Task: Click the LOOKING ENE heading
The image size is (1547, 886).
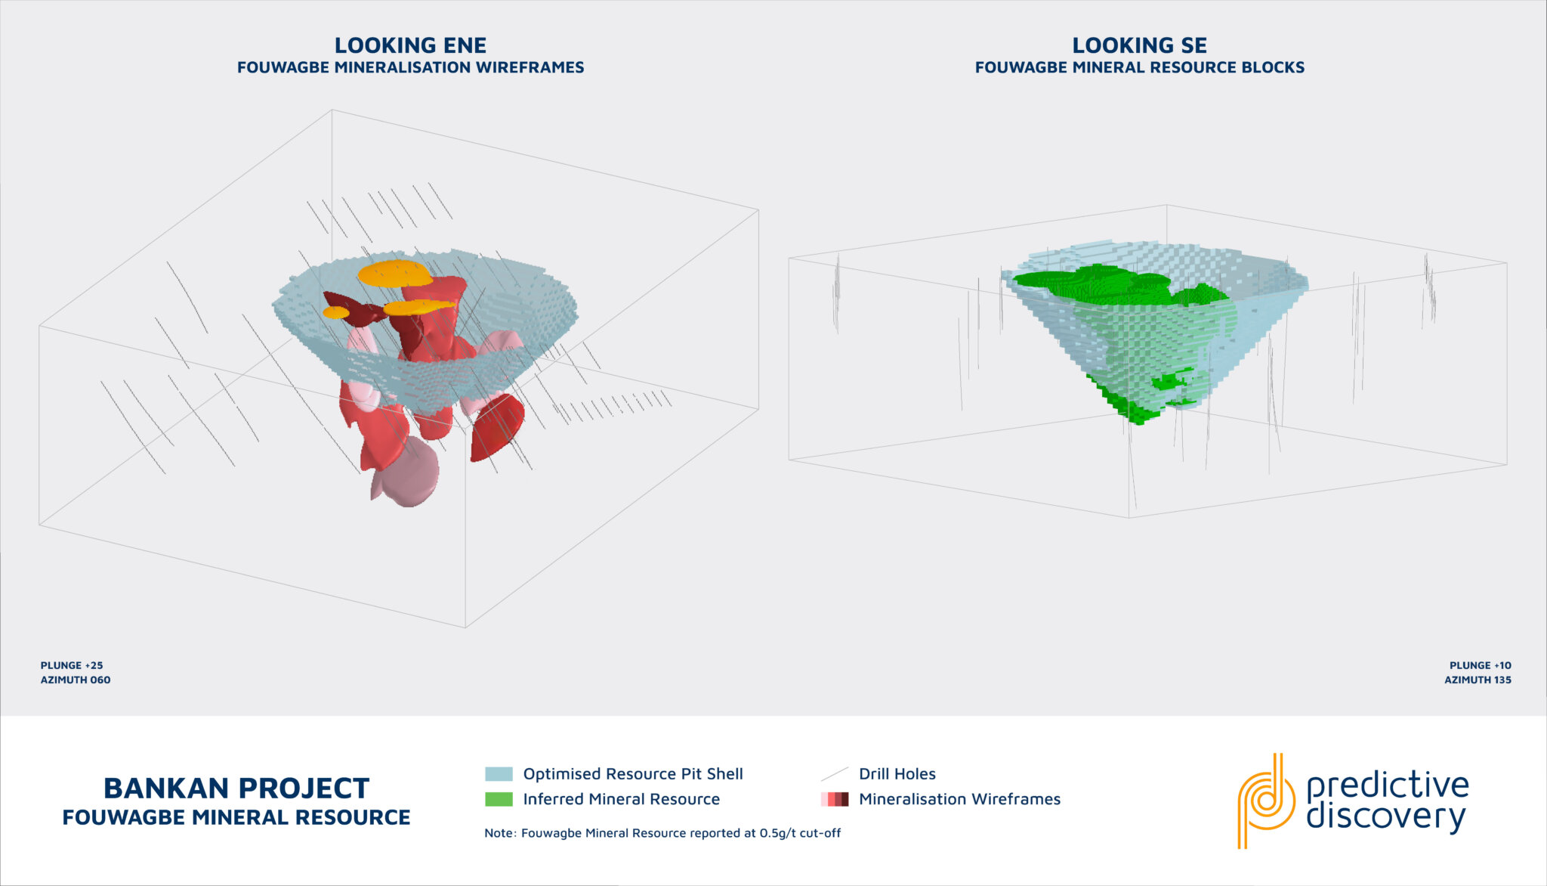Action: pyautogui.click(x=410, y=45)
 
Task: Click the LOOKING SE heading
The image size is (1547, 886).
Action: pyautogui.click(x=1139, y=45)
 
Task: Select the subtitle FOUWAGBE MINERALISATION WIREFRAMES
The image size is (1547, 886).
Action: pyautogui.click(x=410, y=67)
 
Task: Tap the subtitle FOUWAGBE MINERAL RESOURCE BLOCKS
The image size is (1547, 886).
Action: pyautogui.click(x=1139, y=67)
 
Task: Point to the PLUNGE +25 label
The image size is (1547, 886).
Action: pyautogui.click(x=72, y=665)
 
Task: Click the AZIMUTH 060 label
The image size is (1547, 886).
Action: pyautogui.click(x=76, y=680)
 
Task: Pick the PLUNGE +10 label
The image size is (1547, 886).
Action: pyautogui.click(x=1480, y=665)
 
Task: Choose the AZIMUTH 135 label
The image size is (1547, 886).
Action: pyautogui.click(x=1478, y=680)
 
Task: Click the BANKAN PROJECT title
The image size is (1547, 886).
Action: pyautogui.click(x=236, y=788)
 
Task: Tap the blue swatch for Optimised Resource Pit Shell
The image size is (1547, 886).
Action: pyautogui.click(x=499, y=774)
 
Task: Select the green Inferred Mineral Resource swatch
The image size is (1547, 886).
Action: pyautogui.click(x=499, y=799)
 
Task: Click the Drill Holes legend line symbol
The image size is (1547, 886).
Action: pyautogui.click(x=835, y=774)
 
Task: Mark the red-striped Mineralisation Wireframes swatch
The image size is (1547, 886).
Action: pyautogui.click(x=835, y=799)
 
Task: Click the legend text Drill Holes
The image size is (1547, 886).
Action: pyautogui.click(x=897, y=774)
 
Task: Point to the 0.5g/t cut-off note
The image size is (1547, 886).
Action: pyautogui.click(x=662, y=833)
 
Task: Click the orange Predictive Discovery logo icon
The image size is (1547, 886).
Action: pyautogui.click(x=1265, y=800)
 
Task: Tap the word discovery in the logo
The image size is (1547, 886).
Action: pyautogui.click(x=1386, y=818)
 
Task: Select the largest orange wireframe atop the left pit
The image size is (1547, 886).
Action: pyautogui.click(x=394, y=273)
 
